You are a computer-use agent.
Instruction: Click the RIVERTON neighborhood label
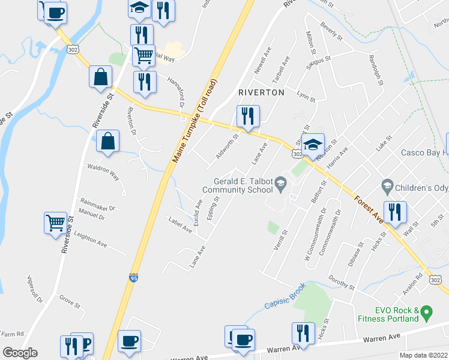click(x=261, y=92)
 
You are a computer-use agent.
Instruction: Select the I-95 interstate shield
click(x=133, y=278)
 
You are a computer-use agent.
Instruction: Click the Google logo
click(x=20, y=353)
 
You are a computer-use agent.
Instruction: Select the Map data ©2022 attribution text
click(x=423, y=355)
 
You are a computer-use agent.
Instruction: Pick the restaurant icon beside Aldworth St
click(x=247, y=116)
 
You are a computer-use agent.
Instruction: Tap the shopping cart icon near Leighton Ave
click(x=56, y=223)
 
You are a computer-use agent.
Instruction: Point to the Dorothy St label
click(x=342, y=283)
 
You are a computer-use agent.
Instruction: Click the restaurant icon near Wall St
click(x=395, y=212)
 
